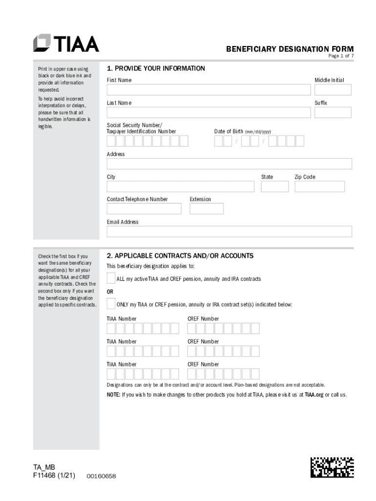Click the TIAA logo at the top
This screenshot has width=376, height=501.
tap(66, 43)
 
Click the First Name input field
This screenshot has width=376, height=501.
tap(209, 90)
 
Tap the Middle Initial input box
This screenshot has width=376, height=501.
tap(333, 90)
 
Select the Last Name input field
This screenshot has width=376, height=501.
tap(209, 113)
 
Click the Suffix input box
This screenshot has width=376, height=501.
tap(333, 113)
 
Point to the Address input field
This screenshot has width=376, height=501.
tap(229, 164)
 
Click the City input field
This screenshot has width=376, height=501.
tap(180, 186)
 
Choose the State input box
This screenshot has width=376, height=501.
tap(274, 186)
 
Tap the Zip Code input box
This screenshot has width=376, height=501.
tap(319, 186)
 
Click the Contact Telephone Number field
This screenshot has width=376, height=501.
tap(144, 209)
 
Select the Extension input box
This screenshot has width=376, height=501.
tap(207, 209)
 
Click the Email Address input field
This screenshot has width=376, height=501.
tap(229, 231)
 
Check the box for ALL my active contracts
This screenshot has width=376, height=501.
tap(111, 278)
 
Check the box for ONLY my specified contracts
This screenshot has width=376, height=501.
tap(111, 304)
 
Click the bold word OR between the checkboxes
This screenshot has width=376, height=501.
tap(110, 292)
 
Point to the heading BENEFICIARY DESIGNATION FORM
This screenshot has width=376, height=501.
tap(290, 49)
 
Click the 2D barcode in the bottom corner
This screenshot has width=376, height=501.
tap(332, 467)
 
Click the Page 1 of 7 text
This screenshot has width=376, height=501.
tap(340, 56)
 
